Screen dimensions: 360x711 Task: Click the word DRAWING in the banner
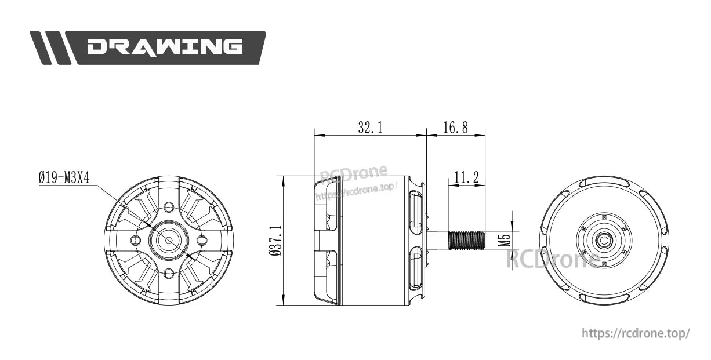(165, 47)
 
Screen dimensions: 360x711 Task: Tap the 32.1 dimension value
(370, 128)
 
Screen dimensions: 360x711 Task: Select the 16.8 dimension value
(455, 128)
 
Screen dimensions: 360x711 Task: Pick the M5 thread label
(503, 240)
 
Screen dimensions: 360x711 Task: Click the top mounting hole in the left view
(169, 207)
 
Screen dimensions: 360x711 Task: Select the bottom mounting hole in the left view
(169, 273)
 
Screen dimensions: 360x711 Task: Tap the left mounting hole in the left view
(136, 240)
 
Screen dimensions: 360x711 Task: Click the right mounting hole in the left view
(202, 240)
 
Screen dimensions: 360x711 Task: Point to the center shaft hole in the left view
(169, 240)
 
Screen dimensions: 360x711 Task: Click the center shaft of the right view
(604, 240)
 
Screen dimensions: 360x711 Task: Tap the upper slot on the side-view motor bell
(416, 214)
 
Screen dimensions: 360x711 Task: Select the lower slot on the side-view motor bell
(416, 268)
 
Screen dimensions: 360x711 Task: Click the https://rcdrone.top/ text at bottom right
(636, 334)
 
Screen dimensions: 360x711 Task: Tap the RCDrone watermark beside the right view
(551, 259)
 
